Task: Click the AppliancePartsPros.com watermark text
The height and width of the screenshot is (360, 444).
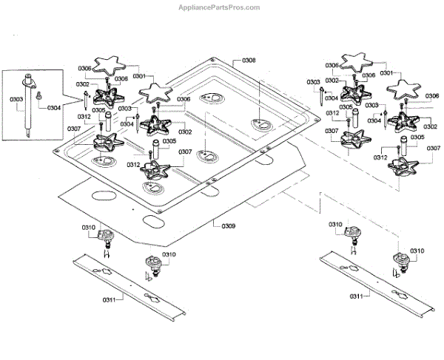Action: point(219,7)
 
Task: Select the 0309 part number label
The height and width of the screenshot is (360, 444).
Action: point(228,226)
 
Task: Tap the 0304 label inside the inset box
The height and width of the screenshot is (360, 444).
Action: point(54,108)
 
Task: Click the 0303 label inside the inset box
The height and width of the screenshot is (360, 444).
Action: point(16,99)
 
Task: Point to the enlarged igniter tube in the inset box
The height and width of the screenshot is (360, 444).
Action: point(28,106)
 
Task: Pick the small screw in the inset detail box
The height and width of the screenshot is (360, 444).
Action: point(38,95)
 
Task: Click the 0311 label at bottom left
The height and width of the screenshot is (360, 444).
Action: point(110,300)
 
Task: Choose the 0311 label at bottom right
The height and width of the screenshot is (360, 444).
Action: point(356,296)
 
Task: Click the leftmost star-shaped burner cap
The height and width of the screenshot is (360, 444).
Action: point(110,64)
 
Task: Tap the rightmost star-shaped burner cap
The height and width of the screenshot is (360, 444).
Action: point(403,89)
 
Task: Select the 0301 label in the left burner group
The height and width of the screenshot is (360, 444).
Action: point(139,76)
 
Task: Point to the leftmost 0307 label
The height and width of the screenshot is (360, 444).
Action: point(74,129)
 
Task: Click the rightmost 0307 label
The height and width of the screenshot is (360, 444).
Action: point(434,148)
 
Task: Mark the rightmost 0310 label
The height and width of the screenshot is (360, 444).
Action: point(417,251)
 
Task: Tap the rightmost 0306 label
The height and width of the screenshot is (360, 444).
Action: point(432,96)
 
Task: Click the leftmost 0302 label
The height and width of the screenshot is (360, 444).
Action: point(83,84)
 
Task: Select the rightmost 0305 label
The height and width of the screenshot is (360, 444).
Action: point(417,137)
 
